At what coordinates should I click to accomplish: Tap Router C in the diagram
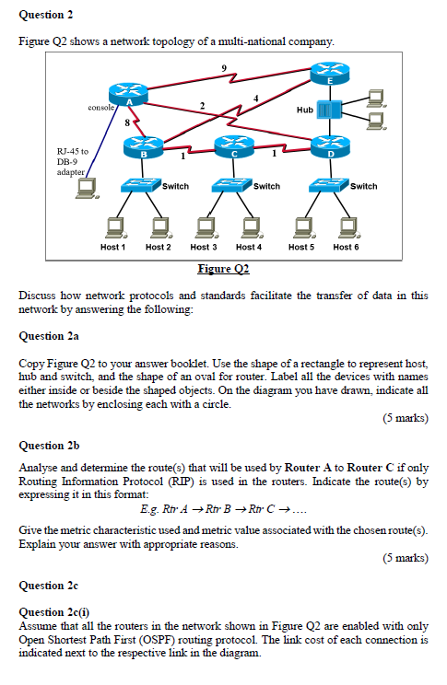pos(232,148)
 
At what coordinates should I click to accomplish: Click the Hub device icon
pos(333,110)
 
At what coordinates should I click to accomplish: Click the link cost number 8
pos(128,120)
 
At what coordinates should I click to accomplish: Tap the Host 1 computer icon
pos(114,226)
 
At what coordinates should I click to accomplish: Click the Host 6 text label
pos(347,247)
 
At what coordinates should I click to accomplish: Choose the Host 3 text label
pos(204,247)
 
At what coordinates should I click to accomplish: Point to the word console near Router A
pos(100,108)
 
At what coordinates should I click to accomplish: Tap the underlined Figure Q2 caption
pos(223,268)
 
